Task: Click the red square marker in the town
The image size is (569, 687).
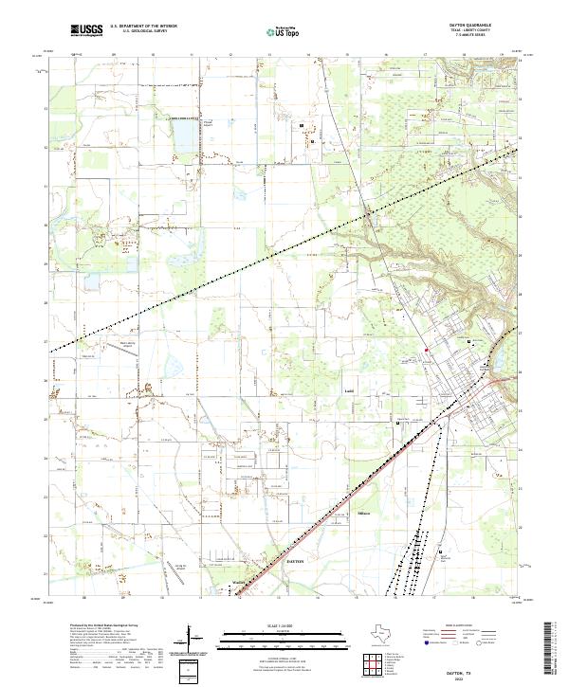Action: (x=427, y=350)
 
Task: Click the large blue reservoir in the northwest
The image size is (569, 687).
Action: (x=182, y=137)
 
